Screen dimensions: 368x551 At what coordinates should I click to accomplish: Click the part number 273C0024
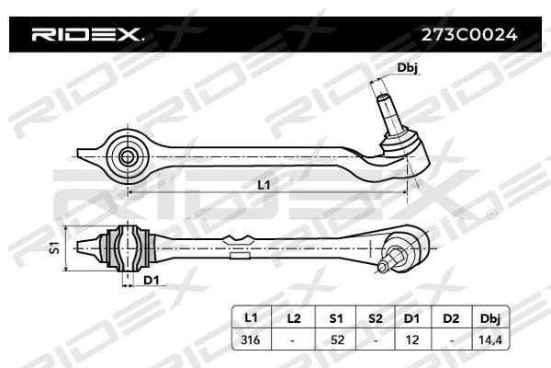[x=468, y=36]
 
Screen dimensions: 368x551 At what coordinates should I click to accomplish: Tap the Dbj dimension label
[x=408, y=68]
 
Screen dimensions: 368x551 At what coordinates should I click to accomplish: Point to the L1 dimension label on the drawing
[x=264, y=185]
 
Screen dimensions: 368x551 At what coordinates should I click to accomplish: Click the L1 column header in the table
[x=251, y=317]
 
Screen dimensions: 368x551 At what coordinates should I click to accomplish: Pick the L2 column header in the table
[x=293, y=317]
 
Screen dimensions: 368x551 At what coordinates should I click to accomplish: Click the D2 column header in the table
[x=450, y=317]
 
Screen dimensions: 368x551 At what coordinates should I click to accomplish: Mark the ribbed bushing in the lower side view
[x=129, y=246]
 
